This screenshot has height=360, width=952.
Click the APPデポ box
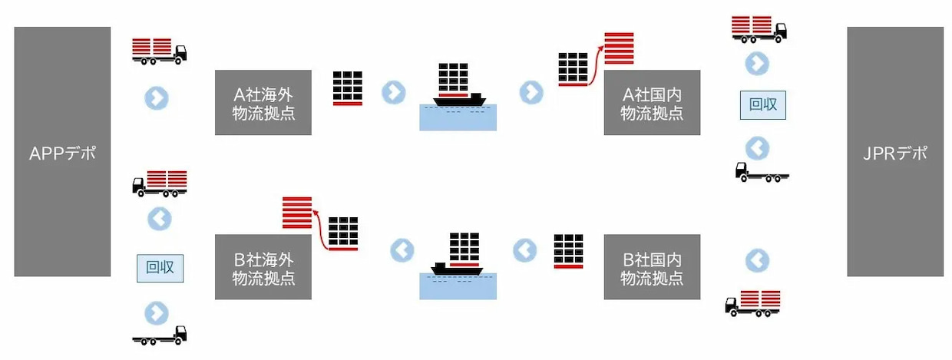tap(62, 152)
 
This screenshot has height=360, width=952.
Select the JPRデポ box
tap(895, 152)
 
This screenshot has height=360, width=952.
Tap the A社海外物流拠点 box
tap(263, 103)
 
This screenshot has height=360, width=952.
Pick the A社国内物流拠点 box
tap(652, 103)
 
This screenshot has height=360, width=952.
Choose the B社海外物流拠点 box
tap(263, 266)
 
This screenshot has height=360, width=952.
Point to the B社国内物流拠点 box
tap(652, 266)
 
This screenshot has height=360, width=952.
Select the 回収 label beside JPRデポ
tap(763, 104)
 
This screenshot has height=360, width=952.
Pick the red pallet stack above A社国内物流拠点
tap(619, 48)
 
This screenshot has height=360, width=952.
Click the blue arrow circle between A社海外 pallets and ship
tap(394, 92)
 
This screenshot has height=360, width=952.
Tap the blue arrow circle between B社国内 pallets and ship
tap(525, 249)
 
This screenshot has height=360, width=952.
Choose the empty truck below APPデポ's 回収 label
tap(160, 335)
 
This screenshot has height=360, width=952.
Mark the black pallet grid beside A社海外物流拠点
tap(348, 88)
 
